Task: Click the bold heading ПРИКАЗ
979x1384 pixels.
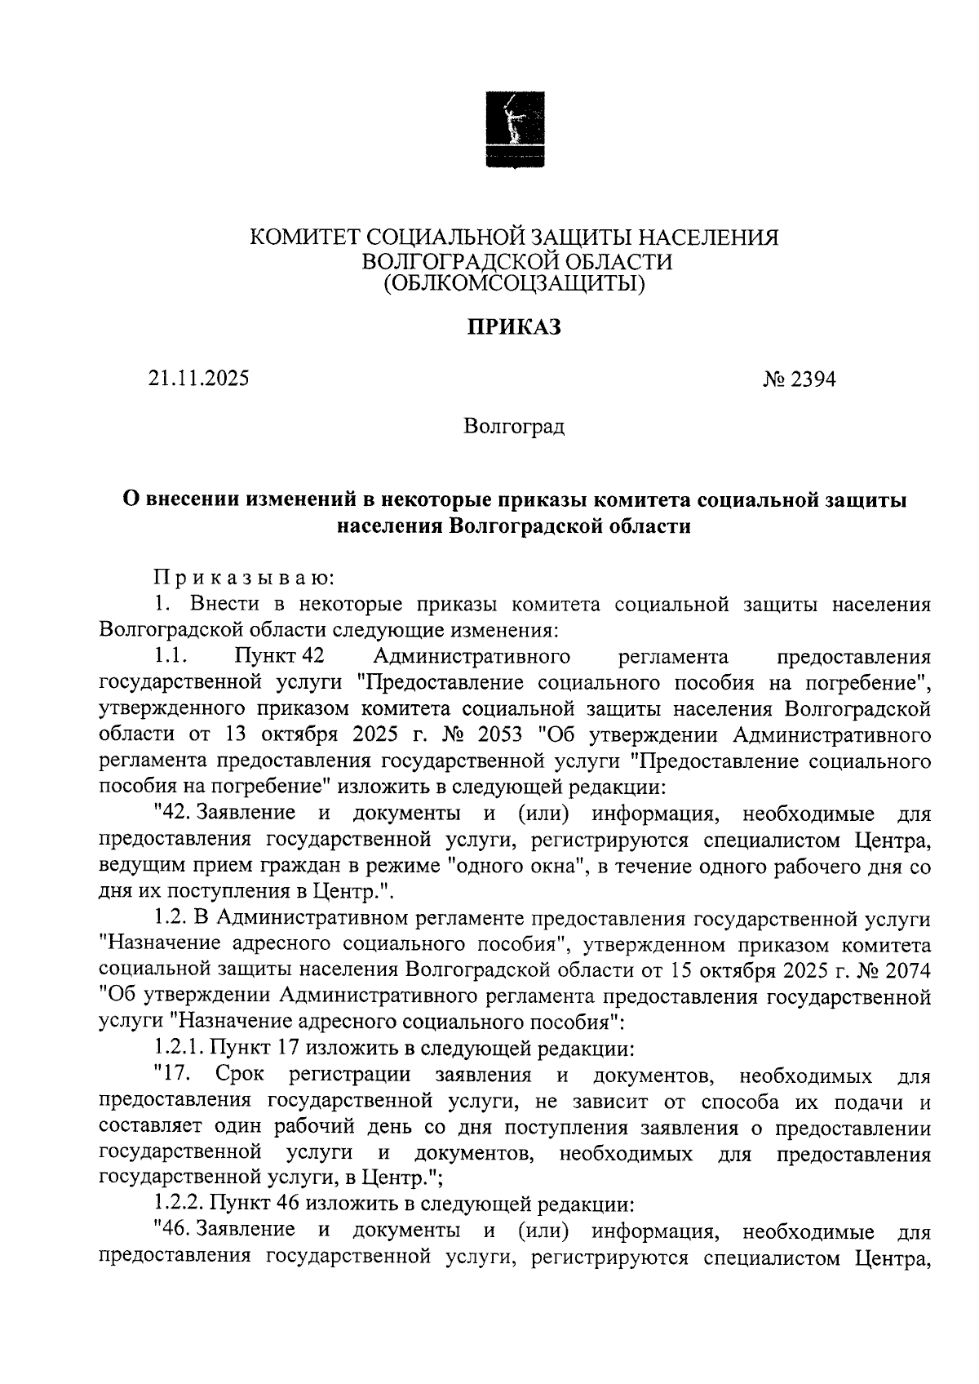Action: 514,328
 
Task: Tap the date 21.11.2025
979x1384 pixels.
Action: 199,379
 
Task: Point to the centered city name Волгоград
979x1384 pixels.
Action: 514,427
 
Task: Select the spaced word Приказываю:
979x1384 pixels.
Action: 244,578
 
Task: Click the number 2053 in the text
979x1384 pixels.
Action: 493,734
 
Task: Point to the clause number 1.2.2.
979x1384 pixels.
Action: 179,1204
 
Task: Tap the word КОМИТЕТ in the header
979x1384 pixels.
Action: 303,237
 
